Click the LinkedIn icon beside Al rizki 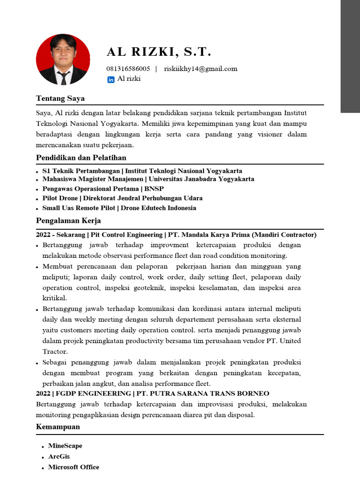pos(111,80)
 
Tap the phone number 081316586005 pos(128,69)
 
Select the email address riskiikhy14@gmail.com pos(201,69)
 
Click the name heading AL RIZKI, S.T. pos(159,52)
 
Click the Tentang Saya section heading pos(60,98)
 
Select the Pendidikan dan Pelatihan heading pos(81,157)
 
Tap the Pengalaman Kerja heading pos(68,220)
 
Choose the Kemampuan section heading pos(58,427)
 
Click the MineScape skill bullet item pos(65,446)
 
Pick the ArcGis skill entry pos(59,457)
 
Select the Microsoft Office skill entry pos(74,467)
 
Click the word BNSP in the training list pos(154,189)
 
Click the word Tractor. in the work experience pos(55,351)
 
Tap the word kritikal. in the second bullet pos(55,298)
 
